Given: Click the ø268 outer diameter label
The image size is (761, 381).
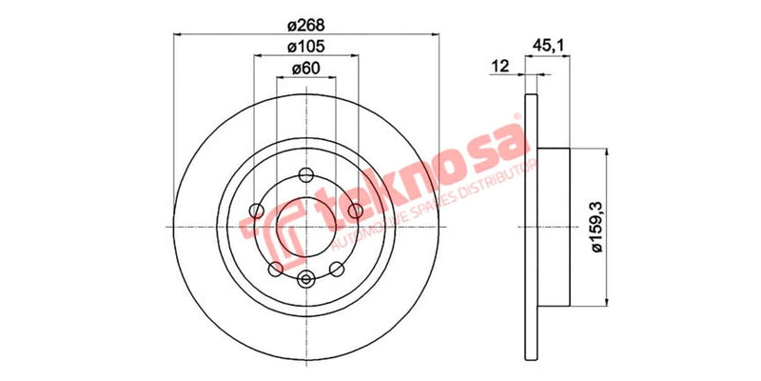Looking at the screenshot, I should [x=305, y=23].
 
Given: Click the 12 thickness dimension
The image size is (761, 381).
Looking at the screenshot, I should [x=499, y=65].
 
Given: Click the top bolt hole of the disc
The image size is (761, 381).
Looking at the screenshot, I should [x=306, y=175].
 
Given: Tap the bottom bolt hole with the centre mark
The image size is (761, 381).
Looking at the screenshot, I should [x=306, y=278].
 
